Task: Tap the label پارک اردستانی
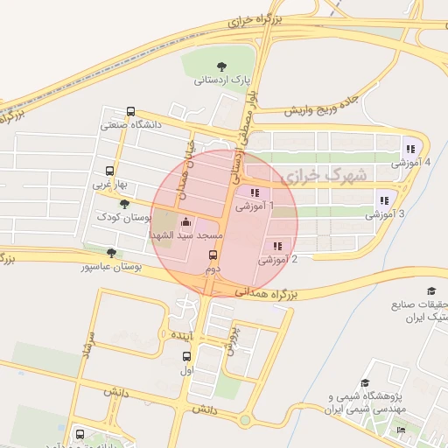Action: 220,80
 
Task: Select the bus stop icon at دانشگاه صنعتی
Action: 130,112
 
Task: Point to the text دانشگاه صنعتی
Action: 131,125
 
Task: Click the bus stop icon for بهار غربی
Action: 109,171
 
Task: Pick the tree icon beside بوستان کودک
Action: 123,203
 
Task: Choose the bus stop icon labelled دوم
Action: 213,255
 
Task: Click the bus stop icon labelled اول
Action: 185,356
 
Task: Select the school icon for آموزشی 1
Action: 255,192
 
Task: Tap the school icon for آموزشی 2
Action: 278,246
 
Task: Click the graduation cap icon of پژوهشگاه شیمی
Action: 365,382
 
